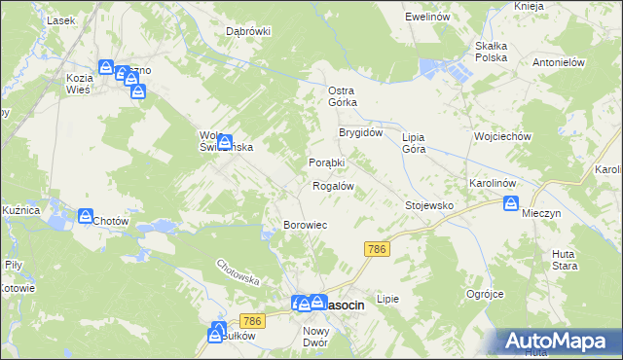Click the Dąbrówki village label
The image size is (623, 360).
pyautogui.click(x=248, y=30)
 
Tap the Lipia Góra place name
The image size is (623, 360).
pyautogui.click(x=421, y=143)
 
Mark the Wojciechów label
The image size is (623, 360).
pyautogui.click(x=501, y=137)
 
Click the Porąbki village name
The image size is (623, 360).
pyautogui.click(x=327, y=162)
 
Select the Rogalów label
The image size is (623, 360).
pyautogui.click(x=332, y=185)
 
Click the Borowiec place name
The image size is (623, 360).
pyautogui.click(x=305, y=225)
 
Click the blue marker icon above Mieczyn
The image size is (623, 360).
pyautogui.click(x=511, y=203)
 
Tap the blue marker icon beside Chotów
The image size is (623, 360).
pyautogui.click(x=86, y=216)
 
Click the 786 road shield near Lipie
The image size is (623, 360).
pyautogui.click(x=378, y=250)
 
